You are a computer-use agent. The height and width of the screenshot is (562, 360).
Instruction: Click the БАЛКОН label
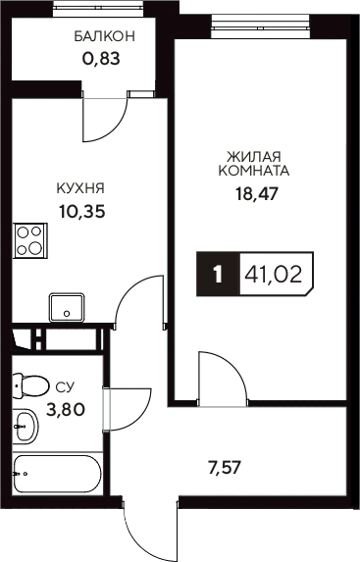(x=104, y=36)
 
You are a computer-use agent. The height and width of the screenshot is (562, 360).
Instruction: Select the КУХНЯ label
(x=80, y=187)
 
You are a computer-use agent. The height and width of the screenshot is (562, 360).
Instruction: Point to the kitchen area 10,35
(x=80, y=210)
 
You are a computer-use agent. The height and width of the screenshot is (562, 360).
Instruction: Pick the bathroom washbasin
(x=27, y=427)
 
